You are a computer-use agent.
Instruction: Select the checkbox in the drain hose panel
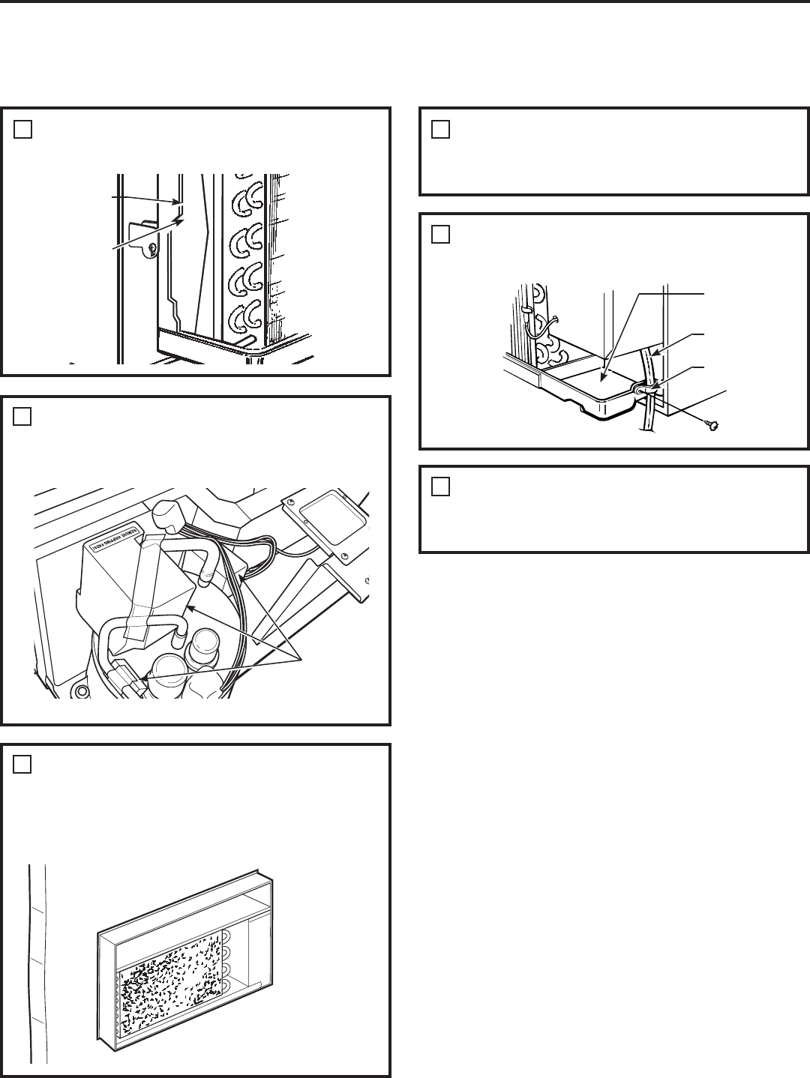pos(441,235)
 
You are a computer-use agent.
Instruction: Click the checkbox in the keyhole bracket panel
pos(22,130)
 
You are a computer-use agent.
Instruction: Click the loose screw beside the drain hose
pos(709,427)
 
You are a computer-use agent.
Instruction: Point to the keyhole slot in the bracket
pos(153,248)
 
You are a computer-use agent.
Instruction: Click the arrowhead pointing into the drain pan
pos(602,367)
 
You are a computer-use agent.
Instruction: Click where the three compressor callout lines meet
pos(301,659)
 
